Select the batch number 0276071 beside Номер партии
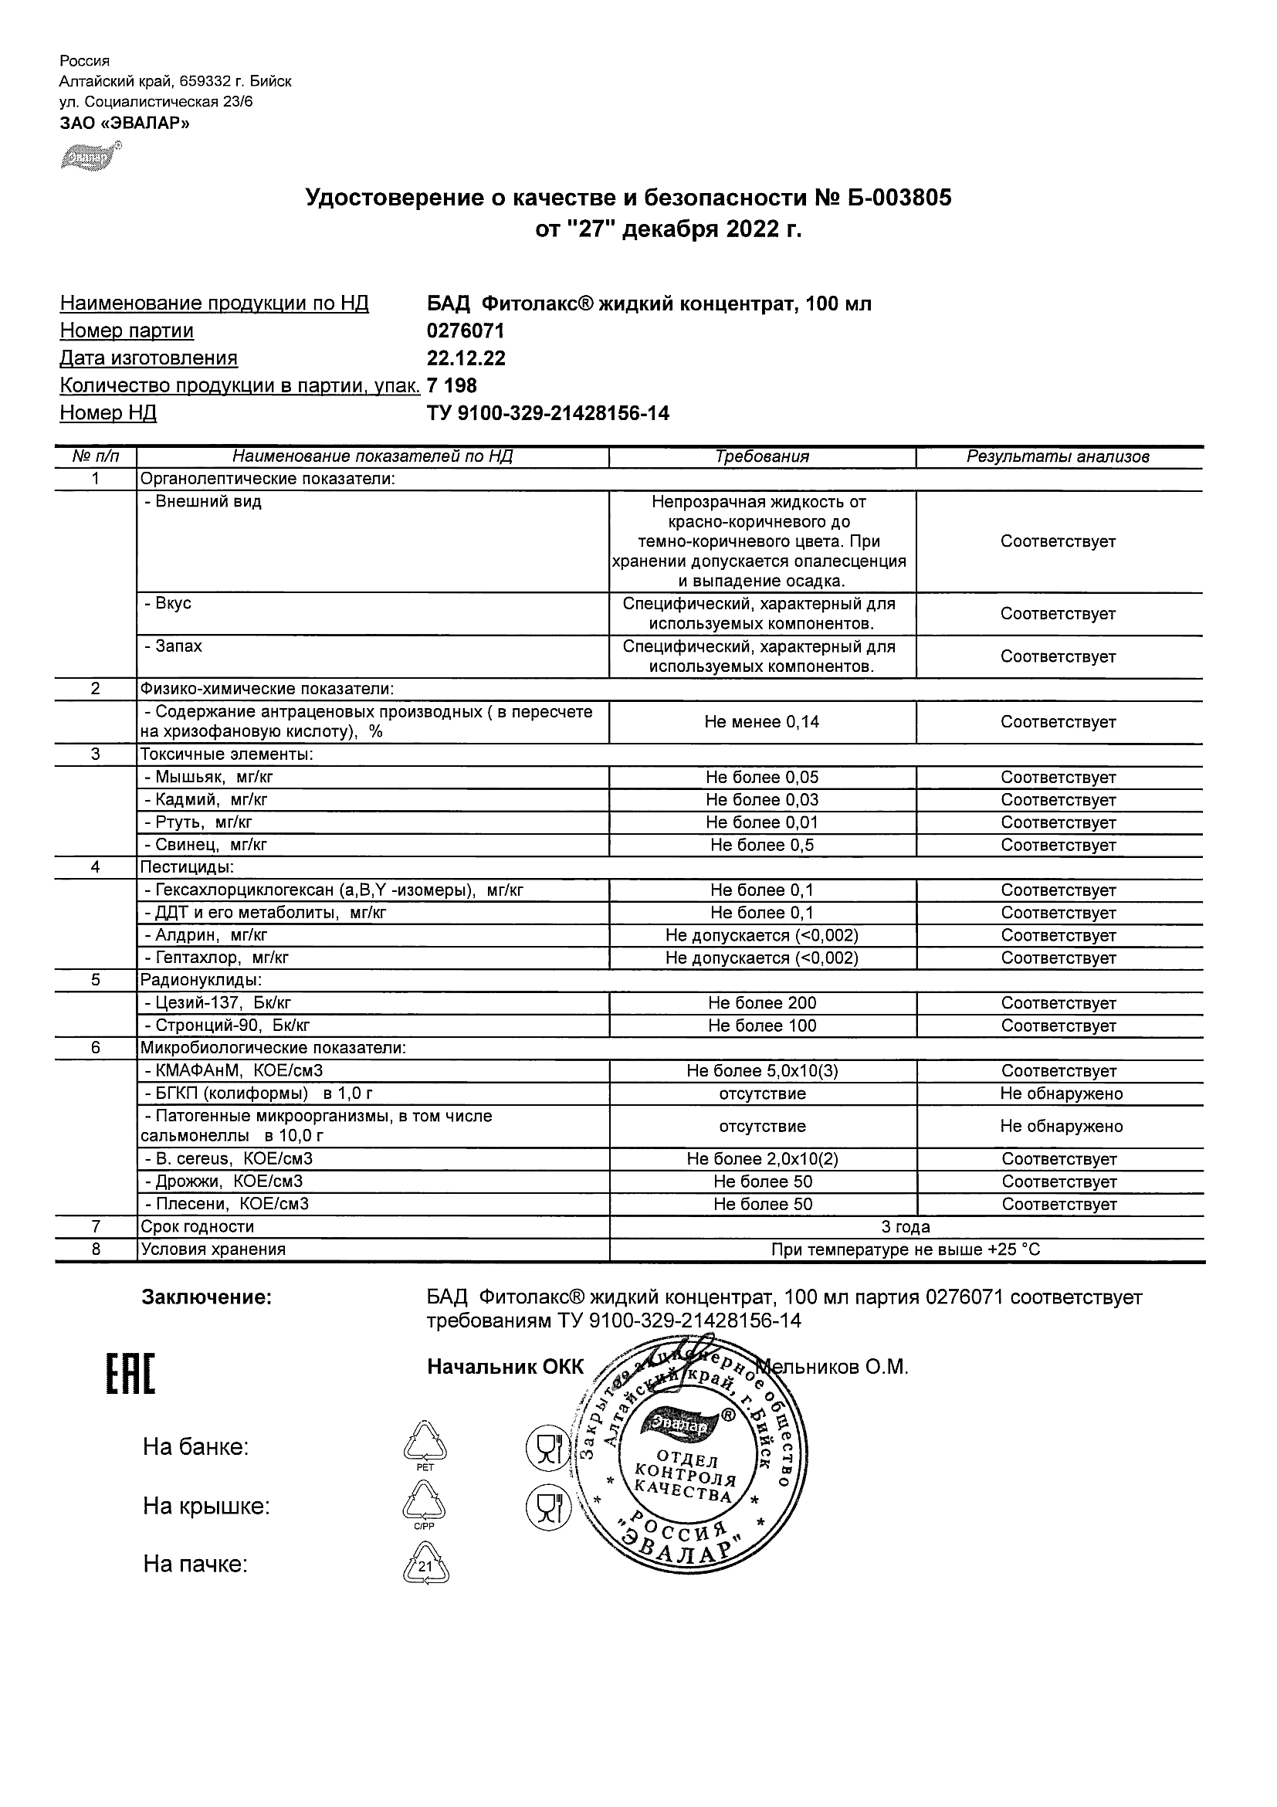tap(465, 331)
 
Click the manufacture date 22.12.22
tap(466, 358)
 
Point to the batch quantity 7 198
tap(452, 385)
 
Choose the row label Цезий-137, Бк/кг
tap(217, 1003)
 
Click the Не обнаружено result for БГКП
tap(1061, 1094)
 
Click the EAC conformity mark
tap(130, 1375)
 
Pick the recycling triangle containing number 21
tap(425, 1566)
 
